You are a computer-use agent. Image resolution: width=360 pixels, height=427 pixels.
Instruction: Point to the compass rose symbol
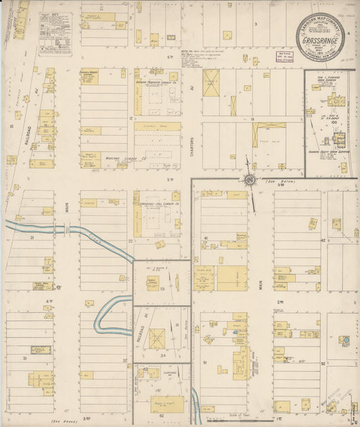(249, 179)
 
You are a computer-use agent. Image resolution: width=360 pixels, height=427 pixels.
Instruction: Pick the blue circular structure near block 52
(344, 340)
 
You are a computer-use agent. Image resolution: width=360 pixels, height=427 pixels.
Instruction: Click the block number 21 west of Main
(32, 237)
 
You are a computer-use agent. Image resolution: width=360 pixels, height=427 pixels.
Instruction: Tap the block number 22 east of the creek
(130, 240)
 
